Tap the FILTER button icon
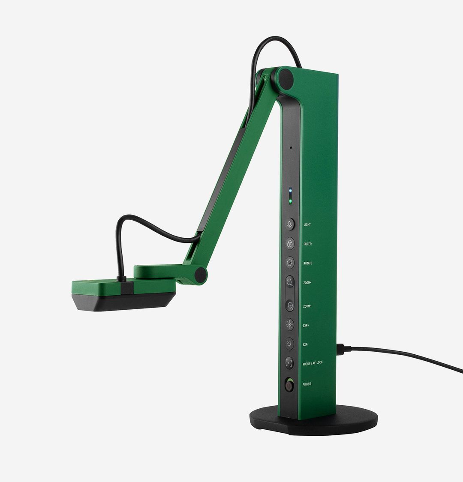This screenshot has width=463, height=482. click(x=290, y=243)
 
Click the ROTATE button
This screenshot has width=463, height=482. click(x=290, y=263)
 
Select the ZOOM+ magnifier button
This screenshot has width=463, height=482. click(x=290, y=282)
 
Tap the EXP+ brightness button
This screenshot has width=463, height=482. click(x=290, y=324)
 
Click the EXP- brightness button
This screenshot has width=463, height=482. click(x=290, y=344)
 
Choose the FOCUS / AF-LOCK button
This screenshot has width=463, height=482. click(x=290, y=363)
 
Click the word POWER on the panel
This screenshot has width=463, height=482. click(x=307, y=384)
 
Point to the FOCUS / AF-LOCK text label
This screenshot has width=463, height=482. click(x=313, y=363)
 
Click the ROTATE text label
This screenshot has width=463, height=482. click(x=308, y=263)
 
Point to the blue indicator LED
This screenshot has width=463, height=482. click(x=290, y=191)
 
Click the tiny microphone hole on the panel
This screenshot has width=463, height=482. click(x=291, y=148)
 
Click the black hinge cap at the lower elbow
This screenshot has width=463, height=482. click(x=200, y=275)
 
